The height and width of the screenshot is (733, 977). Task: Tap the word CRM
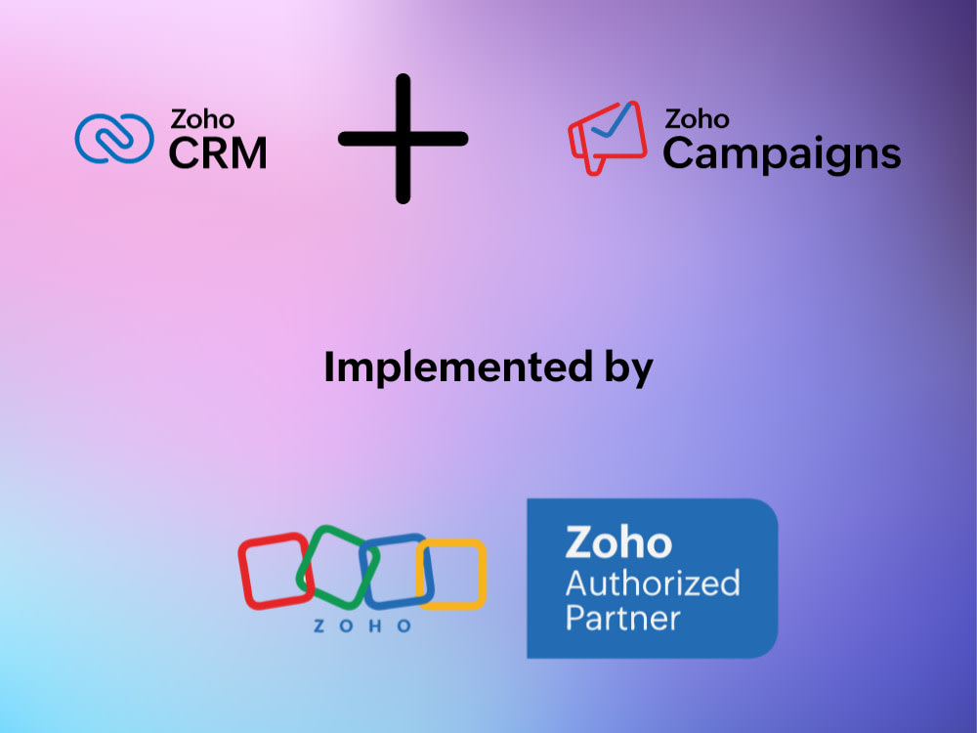[218, 153]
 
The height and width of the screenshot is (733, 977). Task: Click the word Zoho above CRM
[202, 119]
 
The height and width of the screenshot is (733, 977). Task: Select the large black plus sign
[404, 139]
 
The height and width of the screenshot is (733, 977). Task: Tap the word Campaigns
[782, 154]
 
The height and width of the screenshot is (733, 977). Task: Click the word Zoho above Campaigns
[698, 118]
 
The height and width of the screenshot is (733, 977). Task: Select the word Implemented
[458, 366]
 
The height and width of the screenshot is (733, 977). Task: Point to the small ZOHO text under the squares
[362, 625]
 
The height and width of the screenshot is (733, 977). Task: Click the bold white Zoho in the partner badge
[618, 542]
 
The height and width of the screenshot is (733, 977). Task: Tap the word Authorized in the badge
[653, 583]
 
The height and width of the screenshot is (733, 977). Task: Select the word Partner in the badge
[622, 619]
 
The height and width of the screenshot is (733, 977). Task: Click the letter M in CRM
[248, 153]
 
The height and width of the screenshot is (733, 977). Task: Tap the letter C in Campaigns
[679, 153]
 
